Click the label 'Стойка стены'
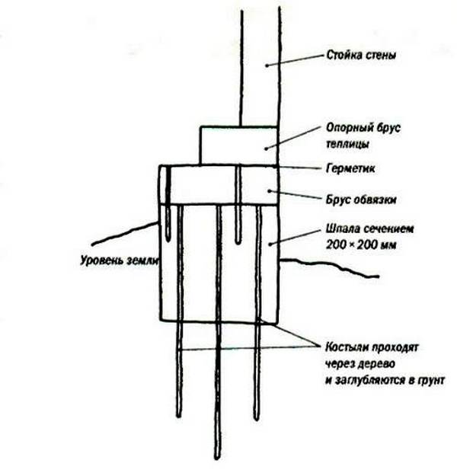click(x=361, y=56)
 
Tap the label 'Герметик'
click(x=350, y=168)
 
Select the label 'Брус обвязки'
click(x=361, y=200)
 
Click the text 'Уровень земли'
click(x=120, y=260)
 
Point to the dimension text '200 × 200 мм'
click(x=361, y=244)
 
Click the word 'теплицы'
click(x=347, y=144)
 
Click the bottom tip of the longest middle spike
click(x=217, y=458)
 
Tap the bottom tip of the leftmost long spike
click(x=179, y=416)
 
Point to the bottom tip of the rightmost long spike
click(x=257, y=419)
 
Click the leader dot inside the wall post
click(x=267, y=65)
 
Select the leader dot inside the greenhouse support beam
click(x=266, y=149)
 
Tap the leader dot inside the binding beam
click(x=269, y=190)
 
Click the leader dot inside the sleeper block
click(x=270, y=244)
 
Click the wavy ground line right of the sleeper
click(x=330, y=266)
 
